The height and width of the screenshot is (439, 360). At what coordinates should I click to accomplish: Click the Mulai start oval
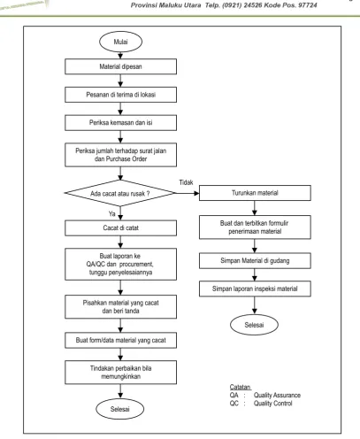pos(120,42)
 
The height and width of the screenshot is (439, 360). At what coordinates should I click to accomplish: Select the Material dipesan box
pos(120,66)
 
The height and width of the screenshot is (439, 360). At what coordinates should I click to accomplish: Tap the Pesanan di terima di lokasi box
pos(120,95)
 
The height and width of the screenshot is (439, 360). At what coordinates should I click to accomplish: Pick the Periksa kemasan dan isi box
pos(120,122)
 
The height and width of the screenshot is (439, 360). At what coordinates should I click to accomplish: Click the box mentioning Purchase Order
pos(120,155)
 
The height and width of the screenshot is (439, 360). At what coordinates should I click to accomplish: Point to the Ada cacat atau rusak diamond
pos(120,193)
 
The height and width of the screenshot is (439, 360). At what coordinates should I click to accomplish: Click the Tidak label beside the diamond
pos(186,182)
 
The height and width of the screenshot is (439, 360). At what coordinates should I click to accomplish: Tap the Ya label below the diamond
pos(112,213)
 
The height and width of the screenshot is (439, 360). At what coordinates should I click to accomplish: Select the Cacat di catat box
pos(120,227)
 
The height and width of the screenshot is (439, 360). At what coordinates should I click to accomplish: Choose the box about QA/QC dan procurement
pos(120,264)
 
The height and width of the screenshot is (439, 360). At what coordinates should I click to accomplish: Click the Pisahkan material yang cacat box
pos(120,307)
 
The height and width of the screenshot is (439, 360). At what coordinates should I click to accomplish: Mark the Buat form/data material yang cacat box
pos(120,340)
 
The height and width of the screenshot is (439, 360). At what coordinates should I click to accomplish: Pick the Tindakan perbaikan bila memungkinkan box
pos(120,373)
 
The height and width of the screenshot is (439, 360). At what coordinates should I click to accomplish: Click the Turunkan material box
pos(255,193)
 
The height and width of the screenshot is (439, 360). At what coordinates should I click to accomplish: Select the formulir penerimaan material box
pos(255,227)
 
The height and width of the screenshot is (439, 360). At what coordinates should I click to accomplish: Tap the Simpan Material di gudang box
pos(255,260)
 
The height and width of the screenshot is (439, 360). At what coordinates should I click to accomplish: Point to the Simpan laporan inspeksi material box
pos(255,289)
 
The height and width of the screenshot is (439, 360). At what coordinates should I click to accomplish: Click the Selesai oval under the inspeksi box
pos(254,325)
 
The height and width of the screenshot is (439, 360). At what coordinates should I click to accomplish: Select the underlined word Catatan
pos(241,387)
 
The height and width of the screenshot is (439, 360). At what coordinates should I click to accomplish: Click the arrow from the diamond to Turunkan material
pos(188,193)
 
